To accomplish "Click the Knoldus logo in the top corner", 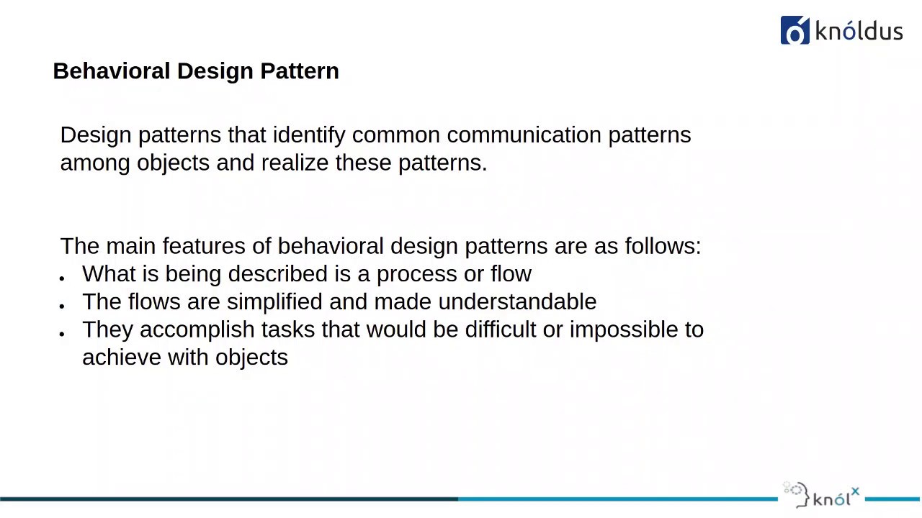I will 841,31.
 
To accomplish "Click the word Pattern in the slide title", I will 300,71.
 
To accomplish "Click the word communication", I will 524,135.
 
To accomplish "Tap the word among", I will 95,163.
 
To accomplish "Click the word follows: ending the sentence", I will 663,246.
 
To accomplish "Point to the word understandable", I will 517,301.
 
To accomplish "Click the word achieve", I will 122,358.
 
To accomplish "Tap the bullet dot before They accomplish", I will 63,333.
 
